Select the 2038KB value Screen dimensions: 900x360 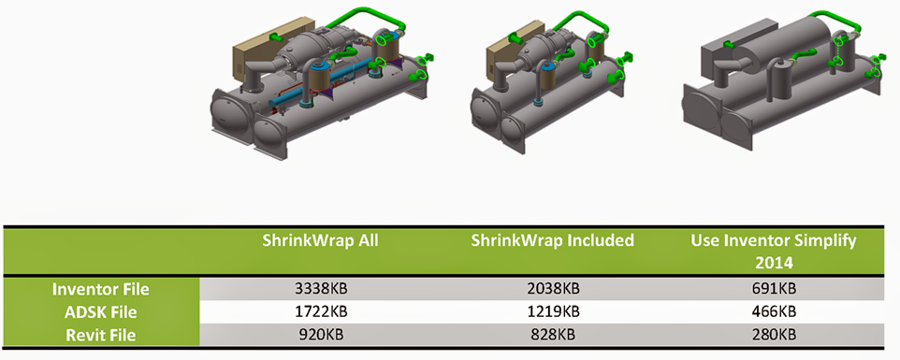[552, 289]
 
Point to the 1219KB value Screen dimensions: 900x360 [552, 312]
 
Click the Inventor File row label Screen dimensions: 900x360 [101, 290]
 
